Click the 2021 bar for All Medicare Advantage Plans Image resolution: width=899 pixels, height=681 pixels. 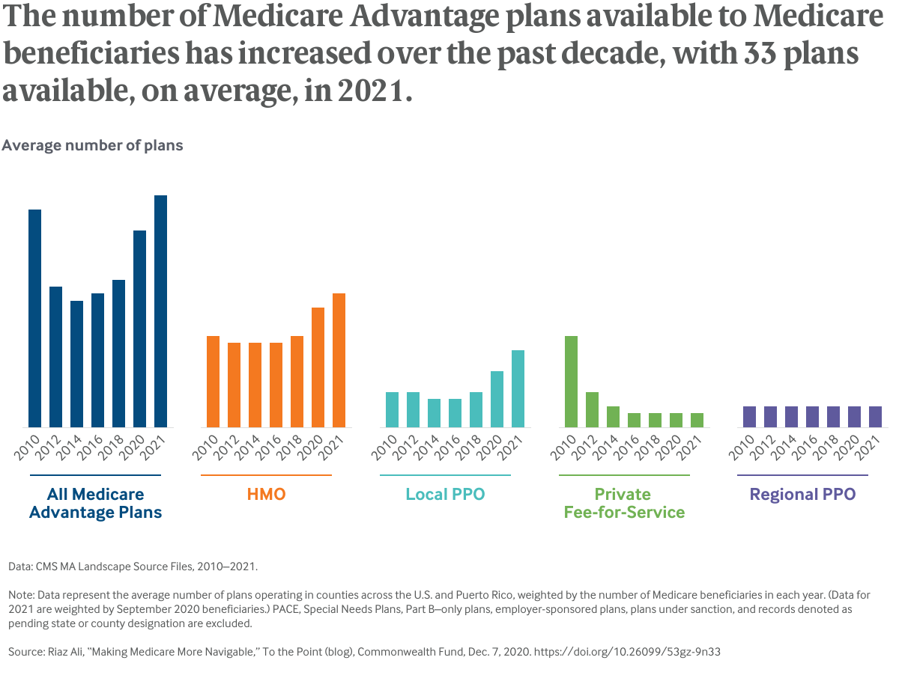(x=160, y=311)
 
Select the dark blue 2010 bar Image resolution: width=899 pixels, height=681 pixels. (x=34, y=318)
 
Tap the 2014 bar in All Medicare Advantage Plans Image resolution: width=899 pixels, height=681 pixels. (x=76, y=364)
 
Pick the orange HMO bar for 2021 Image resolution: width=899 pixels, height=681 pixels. (x=339, y=360)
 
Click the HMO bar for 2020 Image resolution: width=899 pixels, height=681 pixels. (x=318, y=367)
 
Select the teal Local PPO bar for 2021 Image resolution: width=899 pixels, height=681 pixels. (x=518, y=388)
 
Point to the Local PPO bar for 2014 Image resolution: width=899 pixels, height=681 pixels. (x=434, y=413)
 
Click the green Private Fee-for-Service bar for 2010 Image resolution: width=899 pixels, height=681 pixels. (x=571, y=382)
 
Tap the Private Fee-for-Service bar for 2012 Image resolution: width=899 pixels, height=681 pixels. (x=592, y=409)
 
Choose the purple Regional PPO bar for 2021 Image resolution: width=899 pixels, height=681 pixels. (x=875, y=417)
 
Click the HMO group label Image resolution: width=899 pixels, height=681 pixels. (x=266, y=495)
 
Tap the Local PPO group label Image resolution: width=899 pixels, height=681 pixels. (x=445, y=495)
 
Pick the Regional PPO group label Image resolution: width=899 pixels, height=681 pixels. (x=802, y=495)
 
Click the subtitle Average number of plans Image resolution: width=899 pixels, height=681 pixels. (x=92, y=146)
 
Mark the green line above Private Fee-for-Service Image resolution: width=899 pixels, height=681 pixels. (x=624, y=475)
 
